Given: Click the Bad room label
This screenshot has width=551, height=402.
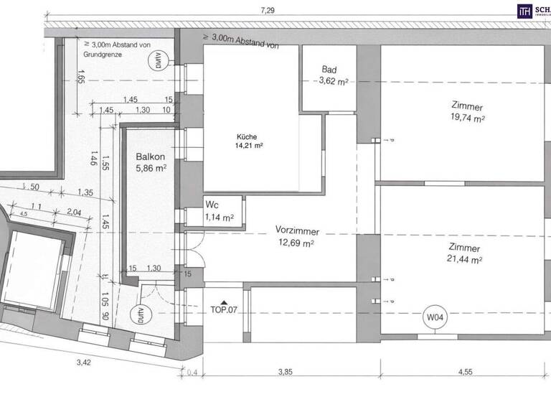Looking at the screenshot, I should pyautogui.click(x=329, y=70).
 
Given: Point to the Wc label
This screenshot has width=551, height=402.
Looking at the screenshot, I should pyautogui.click(x=213, y=205).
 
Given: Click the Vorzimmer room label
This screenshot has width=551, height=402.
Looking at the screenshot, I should pyautogui.click(x=297, y=231).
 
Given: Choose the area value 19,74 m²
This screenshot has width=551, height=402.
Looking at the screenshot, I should pyautogui.click(x=467, y=119).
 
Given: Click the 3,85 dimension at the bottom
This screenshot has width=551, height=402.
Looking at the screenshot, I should pyautogui.click(x=287, y=372).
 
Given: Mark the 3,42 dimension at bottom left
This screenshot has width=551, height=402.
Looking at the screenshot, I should pyautogui.click(x=84, y=363).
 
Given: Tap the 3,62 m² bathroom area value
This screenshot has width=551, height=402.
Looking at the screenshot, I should pyautogui.click(x=333, y=82).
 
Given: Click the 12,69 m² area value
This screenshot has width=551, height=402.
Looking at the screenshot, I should pyautogui.click(x=297, y=243).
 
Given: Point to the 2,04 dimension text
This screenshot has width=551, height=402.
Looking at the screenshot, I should pyautogui.click(x=74, y=212).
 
